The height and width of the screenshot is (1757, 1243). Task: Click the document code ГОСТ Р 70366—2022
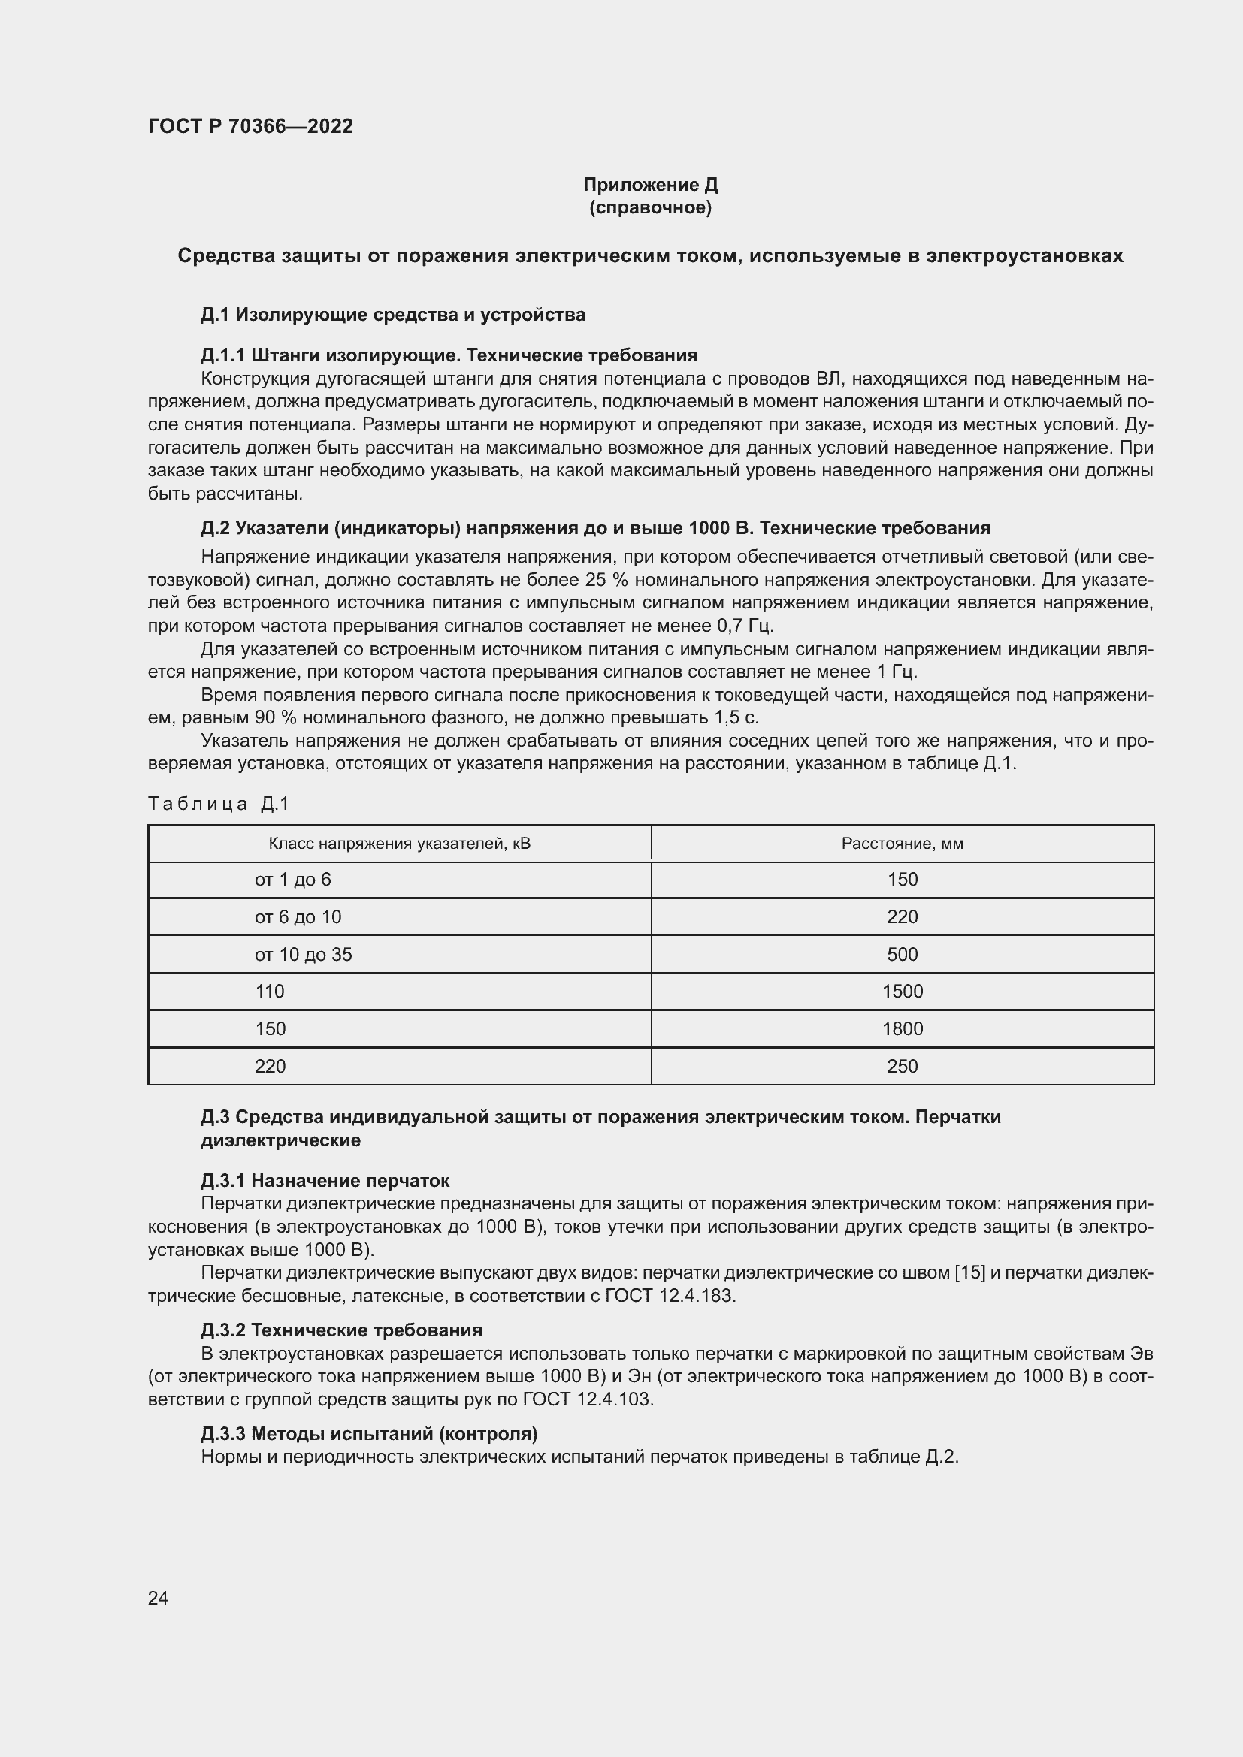pyautogui.click(x=250, y=126)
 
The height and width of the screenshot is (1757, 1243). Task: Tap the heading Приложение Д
pyautogui.click(x=650, y=185)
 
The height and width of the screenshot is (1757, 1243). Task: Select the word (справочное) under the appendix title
pyautogui.click(x=650, y=207)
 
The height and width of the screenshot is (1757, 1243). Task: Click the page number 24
pyautogui.click(x=158, y=1598)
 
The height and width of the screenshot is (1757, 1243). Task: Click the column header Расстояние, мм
pyautogui.click(x=902, y=844)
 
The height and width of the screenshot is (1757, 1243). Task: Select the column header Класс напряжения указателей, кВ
pyautogui.click(x=399, y=844)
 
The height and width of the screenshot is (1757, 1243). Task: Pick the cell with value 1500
pyautogui.click(x=902, y=992)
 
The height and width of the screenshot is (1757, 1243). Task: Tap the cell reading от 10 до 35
pyautogui.click(x=303, y=954)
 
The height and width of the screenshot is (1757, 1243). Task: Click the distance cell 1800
pyautogui.click(x=902, y=1028)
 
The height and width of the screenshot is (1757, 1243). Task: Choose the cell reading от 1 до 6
pyautogui.click(x=292, y=880)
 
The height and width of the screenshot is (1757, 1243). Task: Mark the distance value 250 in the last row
pyautogui.click(x=902, y=1066)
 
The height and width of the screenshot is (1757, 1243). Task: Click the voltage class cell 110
pyautogui.click(x=270, y=992)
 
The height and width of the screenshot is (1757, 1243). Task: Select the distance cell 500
pyautogui.click(x=902, y=954)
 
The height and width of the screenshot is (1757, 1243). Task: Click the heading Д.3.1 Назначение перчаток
pyautogui.click(x=325, y=1180)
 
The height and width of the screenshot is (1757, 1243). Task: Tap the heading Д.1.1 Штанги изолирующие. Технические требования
pyautogui.click(x=449, y=355)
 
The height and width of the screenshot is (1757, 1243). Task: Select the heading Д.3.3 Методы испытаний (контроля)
pyautogui.click(x=369, y=1433)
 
